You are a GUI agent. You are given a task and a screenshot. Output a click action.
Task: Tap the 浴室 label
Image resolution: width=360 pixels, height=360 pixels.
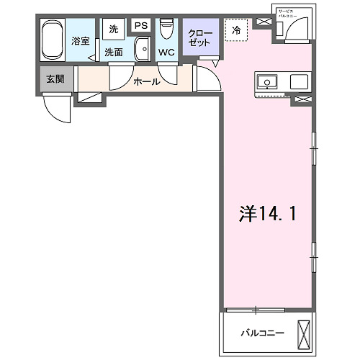[x=81, y=41]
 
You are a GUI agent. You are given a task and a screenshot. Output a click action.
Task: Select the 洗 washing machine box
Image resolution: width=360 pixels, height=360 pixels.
[x=113, y=29]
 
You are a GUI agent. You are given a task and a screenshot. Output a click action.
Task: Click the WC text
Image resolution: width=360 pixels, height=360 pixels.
[x=166, y=53]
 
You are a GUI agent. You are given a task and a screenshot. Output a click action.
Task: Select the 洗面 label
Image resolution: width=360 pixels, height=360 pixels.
[x=113, y=53]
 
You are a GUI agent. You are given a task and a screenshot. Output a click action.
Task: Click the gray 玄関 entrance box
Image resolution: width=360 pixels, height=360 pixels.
[x=55, y=78]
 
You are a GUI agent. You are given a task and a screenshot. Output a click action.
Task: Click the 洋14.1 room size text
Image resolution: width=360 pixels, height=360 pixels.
[x=267, y=213]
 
